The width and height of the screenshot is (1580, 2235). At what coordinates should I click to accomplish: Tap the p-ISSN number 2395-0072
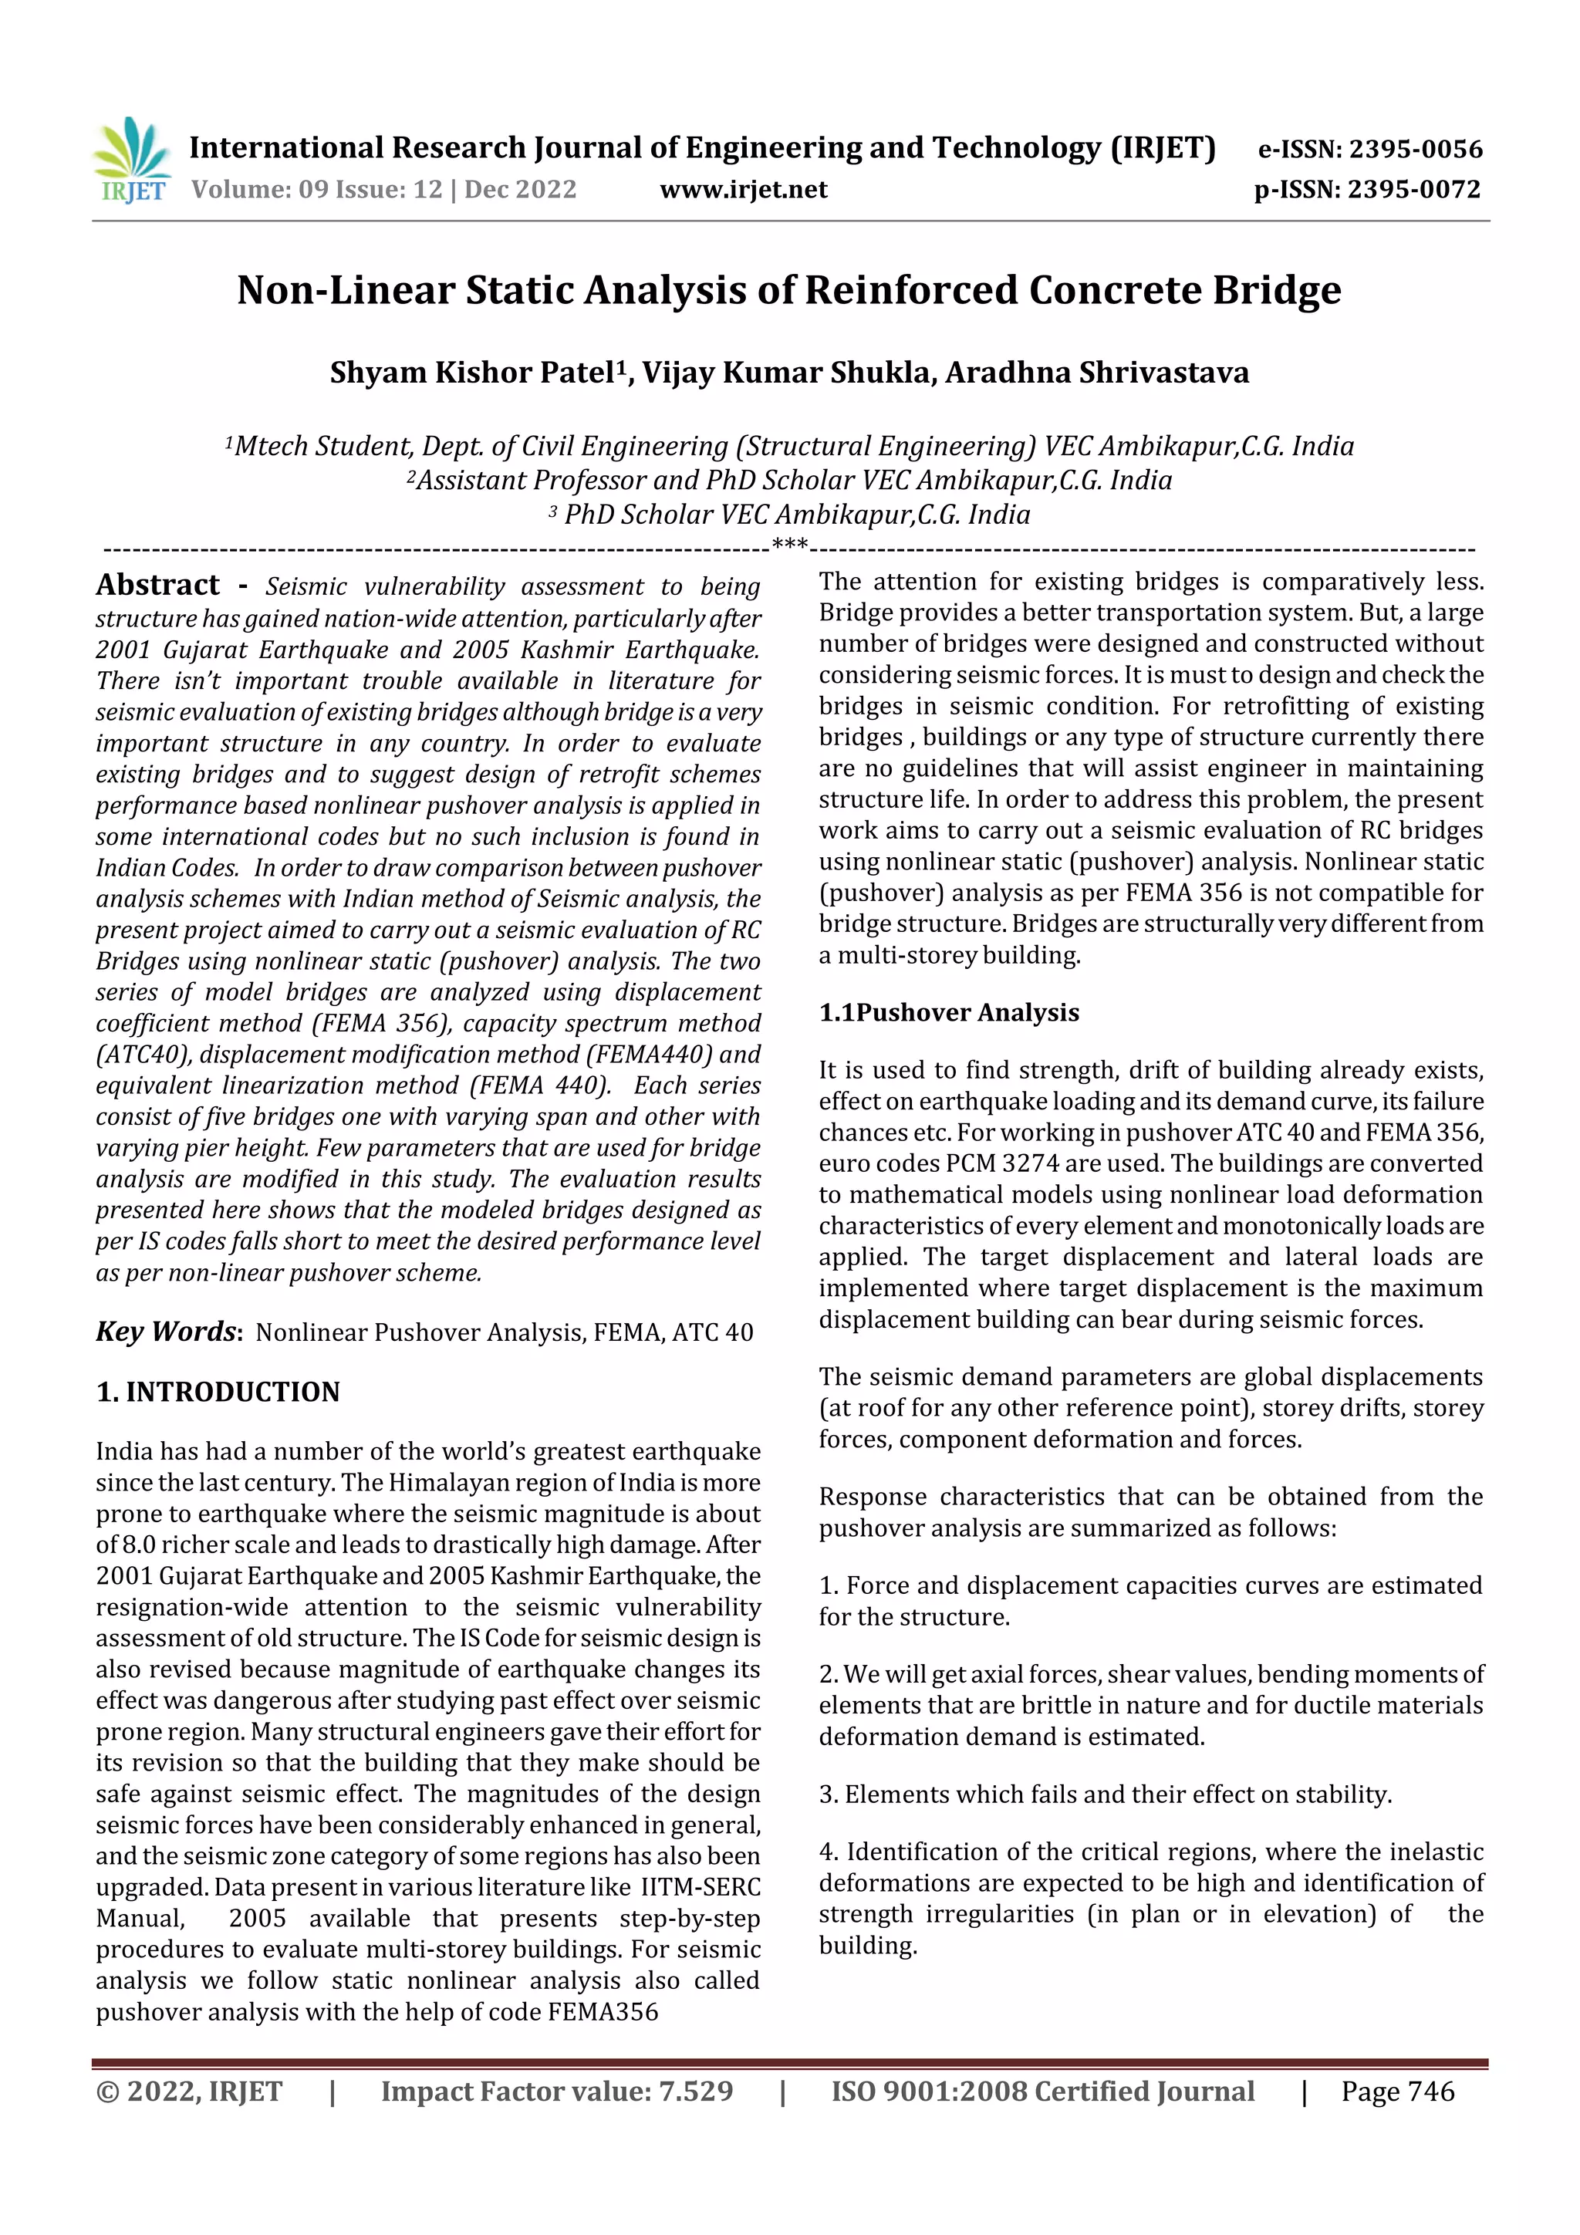[x=1413, y=190]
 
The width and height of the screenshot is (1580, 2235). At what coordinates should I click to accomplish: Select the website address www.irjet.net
[x=743, y=190]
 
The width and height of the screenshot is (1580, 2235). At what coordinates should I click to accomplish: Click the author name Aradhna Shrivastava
[x=1097, y=373]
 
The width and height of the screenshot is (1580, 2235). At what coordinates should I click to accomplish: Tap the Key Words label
[x=167, y=1332]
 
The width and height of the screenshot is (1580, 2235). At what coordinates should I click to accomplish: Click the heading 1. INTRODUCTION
[x=218, y=1392]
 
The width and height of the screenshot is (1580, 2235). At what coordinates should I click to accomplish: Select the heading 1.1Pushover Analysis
[x=948, y=1012]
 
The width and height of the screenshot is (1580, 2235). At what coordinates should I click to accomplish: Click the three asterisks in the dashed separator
[x=789, y=546]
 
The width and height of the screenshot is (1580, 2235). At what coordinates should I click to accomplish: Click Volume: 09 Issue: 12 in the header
[x=316, y=190]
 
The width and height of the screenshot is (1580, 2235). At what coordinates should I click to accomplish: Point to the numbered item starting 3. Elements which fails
[x=1105, y=1794]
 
